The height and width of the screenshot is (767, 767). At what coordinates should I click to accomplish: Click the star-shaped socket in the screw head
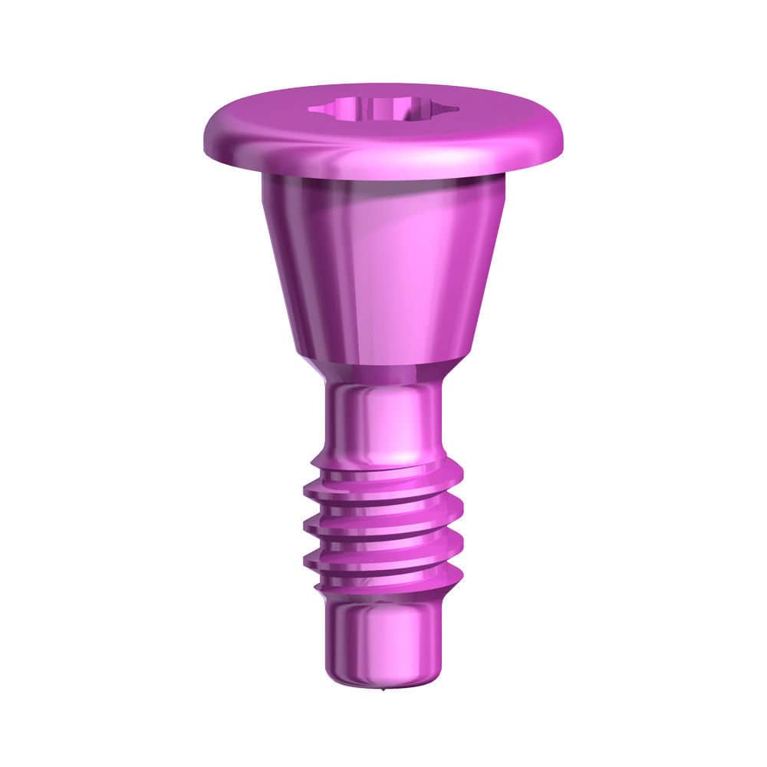point(383,110)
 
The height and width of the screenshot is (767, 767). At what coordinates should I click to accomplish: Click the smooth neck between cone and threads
point(383,418)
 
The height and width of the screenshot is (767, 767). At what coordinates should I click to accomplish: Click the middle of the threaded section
point(383,529)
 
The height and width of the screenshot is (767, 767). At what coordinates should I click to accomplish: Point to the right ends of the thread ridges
point(458,529)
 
